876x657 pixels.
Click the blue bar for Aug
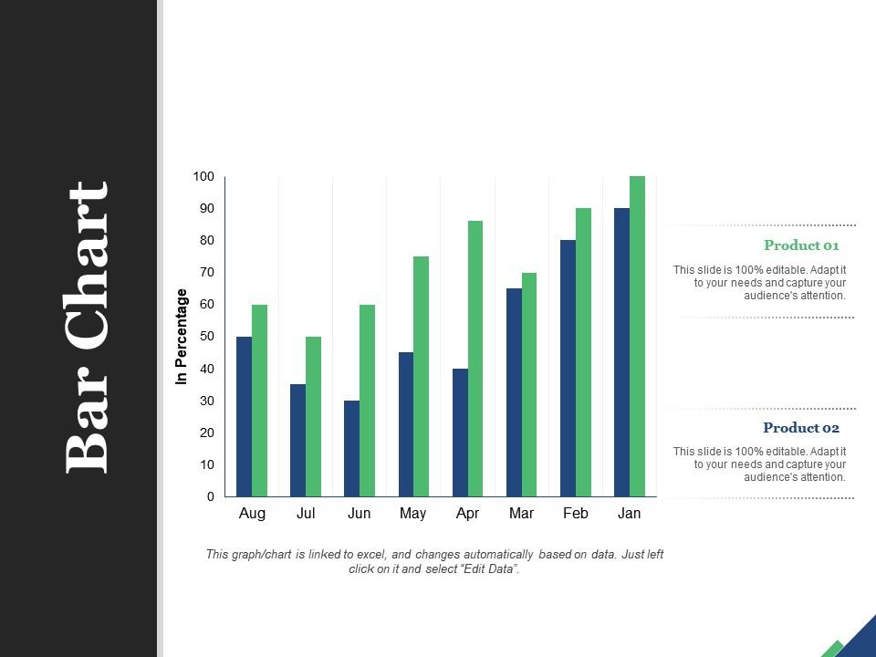click(x=244, y=416)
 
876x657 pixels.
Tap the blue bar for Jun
click(x=351, y=448)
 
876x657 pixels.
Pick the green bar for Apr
click(x=475, y=359)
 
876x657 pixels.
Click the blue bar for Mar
click(x=514, y=392)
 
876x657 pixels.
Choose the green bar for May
click(x=422, y=376)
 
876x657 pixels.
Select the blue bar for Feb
click(x=568, y=368)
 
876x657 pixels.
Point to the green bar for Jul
click(x=313, y=416)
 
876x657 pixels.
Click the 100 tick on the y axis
click(x=203, y=176)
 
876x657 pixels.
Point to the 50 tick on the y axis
click(x=207, y=337)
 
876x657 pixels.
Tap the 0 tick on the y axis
click(x=211, y=496)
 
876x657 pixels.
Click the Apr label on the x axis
click(x=467, y=514)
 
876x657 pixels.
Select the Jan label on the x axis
click(x=629, y=514)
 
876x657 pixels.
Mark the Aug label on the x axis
click(x=252, y=514)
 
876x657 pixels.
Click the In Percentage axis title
click(x=182, y=336)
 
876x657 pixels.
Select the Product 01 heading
click(x=800, y=245)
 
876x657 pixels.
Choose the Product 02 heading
click(x=800, y=428)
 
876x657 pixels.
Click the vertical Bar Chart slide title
click(x=89, y=327)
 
